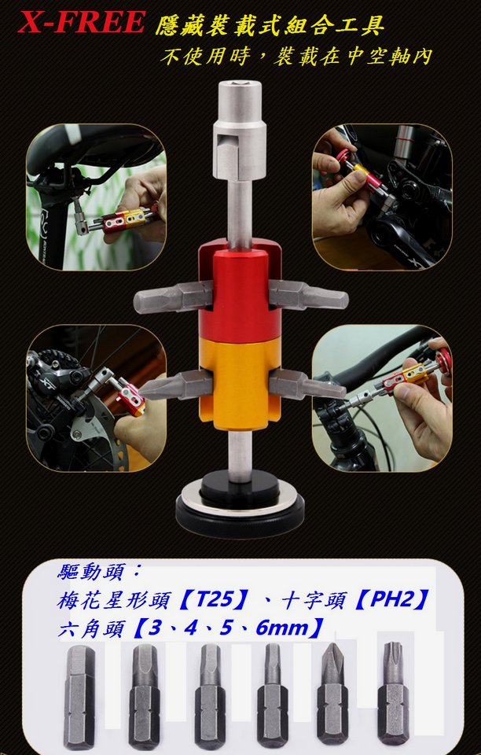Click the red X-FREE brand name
pyautogui.click(x=81, y=22)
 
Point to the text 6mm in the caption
pyautogui.click(x=281, y=628)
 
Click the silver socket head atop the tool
pyautogui.click(x=240, y=130)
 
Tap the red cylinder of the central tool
pyautogui.click(x=240, y=292)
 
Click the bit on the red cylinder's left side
pyautogui.click(x=173, y=297)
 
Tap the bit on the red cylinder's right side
pyautogui.click(x=308, y=295)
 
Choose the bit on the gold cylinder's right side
pyautogui.click(x=307, y=385)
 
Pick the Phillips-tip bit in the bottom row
pyautogui.click(x=332, y=694)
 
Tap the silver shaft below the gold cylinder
pyautogui.click(x=240, y=455)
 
